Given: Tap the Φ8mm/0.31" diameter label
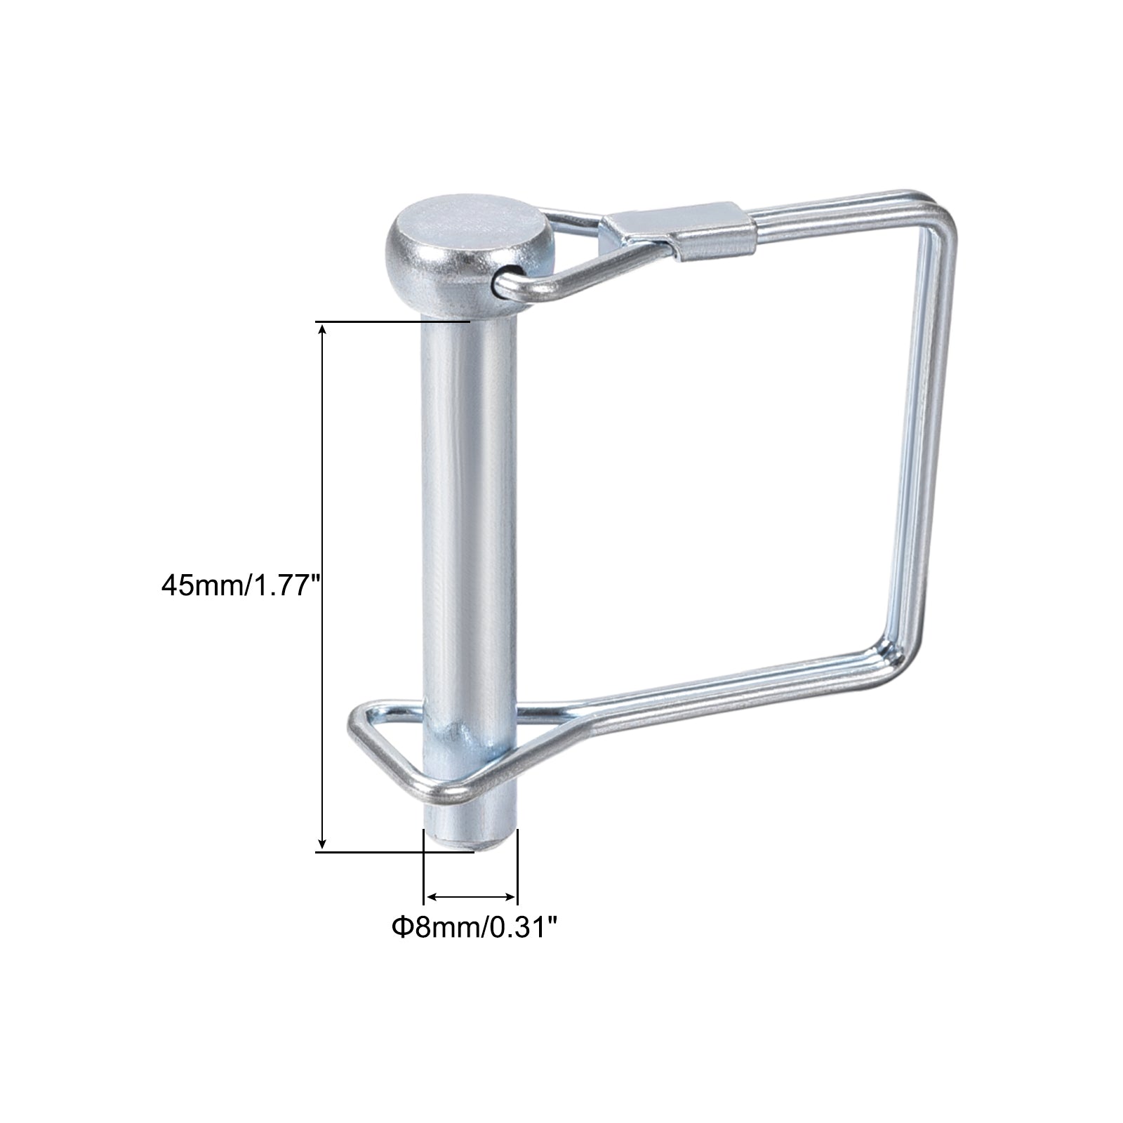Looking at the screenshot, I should (x=474, y=928).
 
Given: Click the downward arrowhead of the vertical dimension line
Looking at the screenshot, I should (x=322, y=844).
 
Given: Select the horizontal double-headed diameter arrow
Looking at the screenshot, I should (x=470, y=896).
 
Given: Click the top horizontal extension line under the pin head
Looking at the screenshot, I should (x=393, y=321).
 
